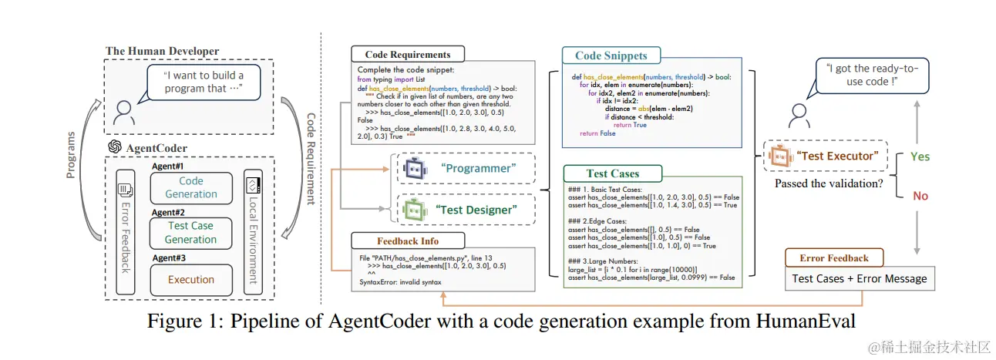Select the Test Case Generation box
pyautogui.click(x=191, y=232)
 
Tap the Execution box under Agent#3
pyautogui.click(x=191, y=279)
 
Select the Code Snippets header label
pyautogui.click(x=611, y=56)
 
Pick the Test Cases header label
pyautogui.click(x=613, y=173)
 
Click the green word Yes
pyautogui.click(x=920, y=156)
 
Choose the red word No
pyautogui.click(x=920, y=196)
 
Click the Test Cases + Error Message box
pyautogui.click(x=860, y=278)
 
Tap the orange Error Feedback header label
pyautogui.click(x=834, y=257)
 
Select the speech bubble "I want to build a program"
pyautogui.click(x=203, y=82)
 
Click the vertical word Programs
pyautogui.click(x=71, y=154)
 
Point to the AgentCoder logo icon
pyautogui.click(x=114, y=146)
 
